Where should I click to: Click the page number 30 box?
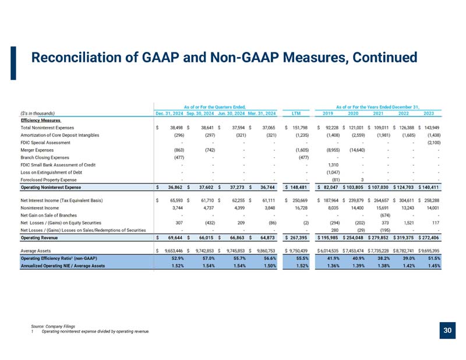pyautogui.click(x=447, y=330)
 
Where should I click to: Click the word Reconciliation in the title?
pyautogui.click(x=76, y=57)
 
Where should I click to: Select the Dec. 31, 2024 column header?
pyautogui.click(x=170, y=113)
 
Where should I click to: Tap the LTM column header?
pyautogui.click(x=296, y=113)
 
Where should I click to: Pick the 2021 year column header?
pyautogui.click(x=378, y=113)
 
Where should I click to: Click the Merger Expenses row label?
pyautogui.click(x=37, y=150)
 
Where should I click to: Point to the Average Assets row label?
pyautogui.click(x=36, y=251)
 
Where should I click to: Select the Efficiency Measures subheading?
pyautogui.click(x=41, y=121)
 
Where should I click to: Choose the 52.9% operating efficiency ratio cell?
pyautogui.click(x=178, y=258)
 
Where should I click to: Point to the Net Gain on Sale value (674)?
pyautogui.click(x=385, y=215)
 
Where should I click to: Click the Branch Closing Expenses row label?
pyautogui.click(x=45, y=157)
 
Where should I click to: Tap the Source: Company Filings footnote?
pyautogui.click(x=53, y=326)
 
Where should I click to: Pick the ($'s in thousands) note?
pyautogui.click(x=38, y=113)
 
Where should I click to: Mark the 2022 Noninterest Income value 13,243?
pyautogui.click(x=407, y=208)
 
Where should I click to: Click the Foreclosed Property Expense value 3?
pyautogui.click(x=362, y=180)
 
